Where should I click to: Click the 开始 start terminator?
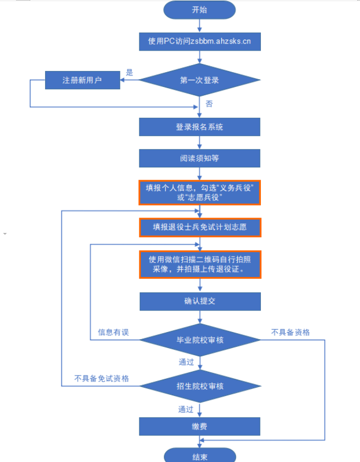point(199,9)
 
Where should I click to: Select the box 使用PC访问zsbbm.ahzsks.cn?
point(199,41)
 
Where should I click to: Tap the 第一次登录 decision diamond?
point(199,80)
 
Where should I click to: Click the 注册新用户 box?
point(82,80)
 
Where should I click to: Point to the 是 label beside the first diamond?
point(130,72)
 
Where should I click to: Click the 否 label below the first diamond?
point(209,104)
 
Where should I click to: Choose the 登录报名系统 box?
point(199,127)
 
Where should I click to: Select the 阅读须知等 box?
point(199,158)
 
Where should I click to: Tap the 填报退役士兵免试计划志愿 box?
point(199,227)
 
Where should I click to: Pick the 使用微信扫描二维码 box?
point(199,264)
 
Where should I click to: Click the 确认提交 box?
point(199,301)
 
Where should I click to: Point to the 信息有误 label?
point(113,332)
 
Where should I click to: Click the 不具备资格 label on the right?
point(290,332)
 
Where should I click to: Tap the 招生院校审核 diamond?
point(199,386)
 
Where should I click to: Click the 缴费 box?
point(199,426)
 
